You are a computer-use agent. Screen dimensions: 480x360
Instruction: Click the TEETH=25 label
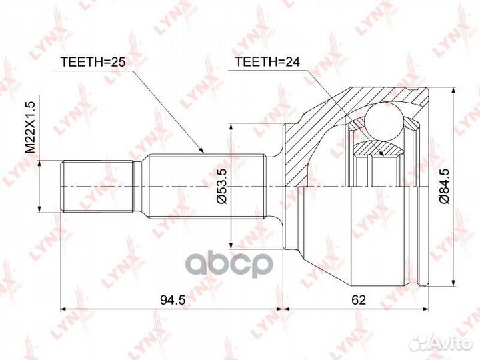[93, 62]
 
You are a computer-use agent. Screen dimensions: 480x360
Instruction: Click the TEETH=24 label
[267, 62]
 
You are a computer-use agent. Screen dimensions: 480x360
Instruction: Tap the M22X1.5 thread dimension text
[31, 128]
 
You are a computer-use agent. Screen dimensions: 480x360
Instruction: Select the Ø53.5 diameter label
[222, 187]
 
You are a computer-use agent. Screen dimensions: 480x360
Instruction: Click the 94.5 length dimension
[173, 300]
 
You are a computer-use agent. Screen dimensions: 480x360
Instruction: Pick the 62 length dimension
[359, 300]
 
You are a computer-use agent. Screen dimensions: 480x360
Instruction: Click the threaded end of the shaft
[97, 186]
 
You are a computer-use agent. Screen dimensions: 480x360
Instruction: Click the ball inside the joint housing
[384, 121]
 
